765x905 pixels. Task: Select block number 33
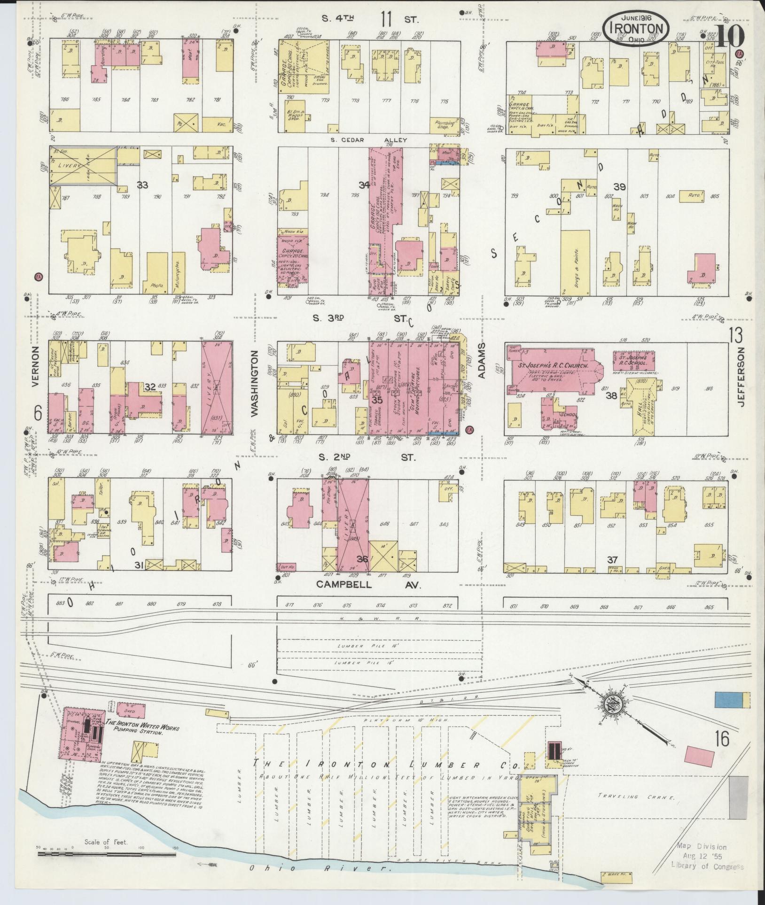pyautogui.click(x=142, y=185)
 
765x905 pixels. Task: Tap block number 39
pyautogui.click(x=619, y=187)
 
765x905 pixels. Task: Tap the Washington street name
pyautogui.click(x=255, y=383)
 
